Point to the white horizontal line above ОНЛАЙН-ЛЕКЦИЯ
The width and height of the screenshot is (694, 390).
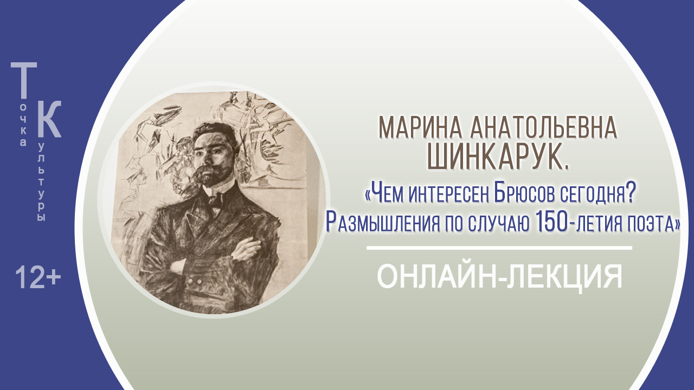(x=499, y=248)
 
